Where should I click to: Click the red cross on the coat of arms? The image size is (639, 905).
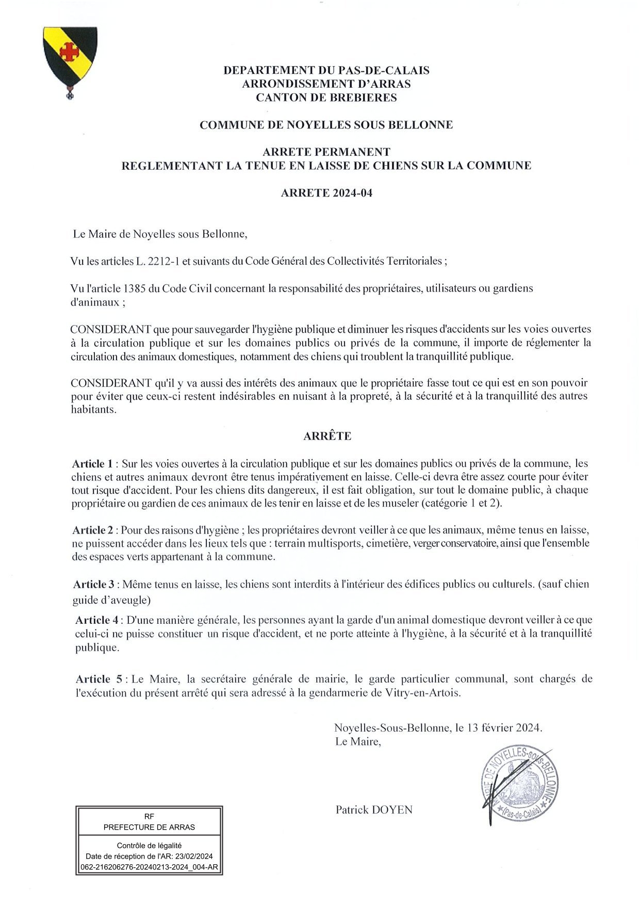click(x=66, y=51)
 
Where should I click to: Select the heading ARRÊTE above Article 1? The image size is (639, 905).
click(x=327, y=436)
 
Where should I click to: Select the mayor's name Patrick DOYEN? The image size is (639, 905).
click(x=374, y=810)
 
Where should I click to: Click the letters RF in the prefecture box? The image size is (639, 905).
click(x=149, y=816)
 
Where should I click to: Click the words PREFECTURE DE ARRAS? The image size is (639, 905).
click(x=149, y=827)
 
